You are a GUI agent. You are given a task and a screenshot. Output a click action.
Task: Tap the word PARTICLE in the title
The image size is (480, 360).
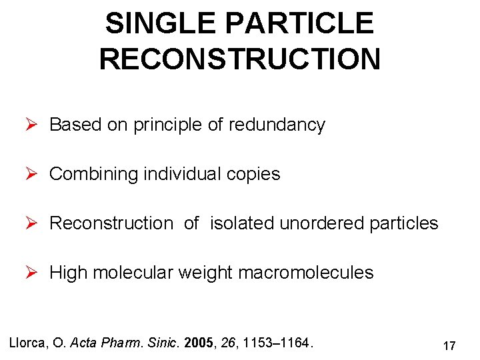[301, 24]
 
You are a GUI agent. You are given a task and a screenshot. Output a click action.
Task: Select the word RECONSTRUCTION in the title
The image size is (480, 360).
[240, 59]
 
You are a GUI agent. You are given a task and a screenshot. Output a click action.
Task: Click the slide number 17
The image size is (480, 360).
[449, 345]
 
